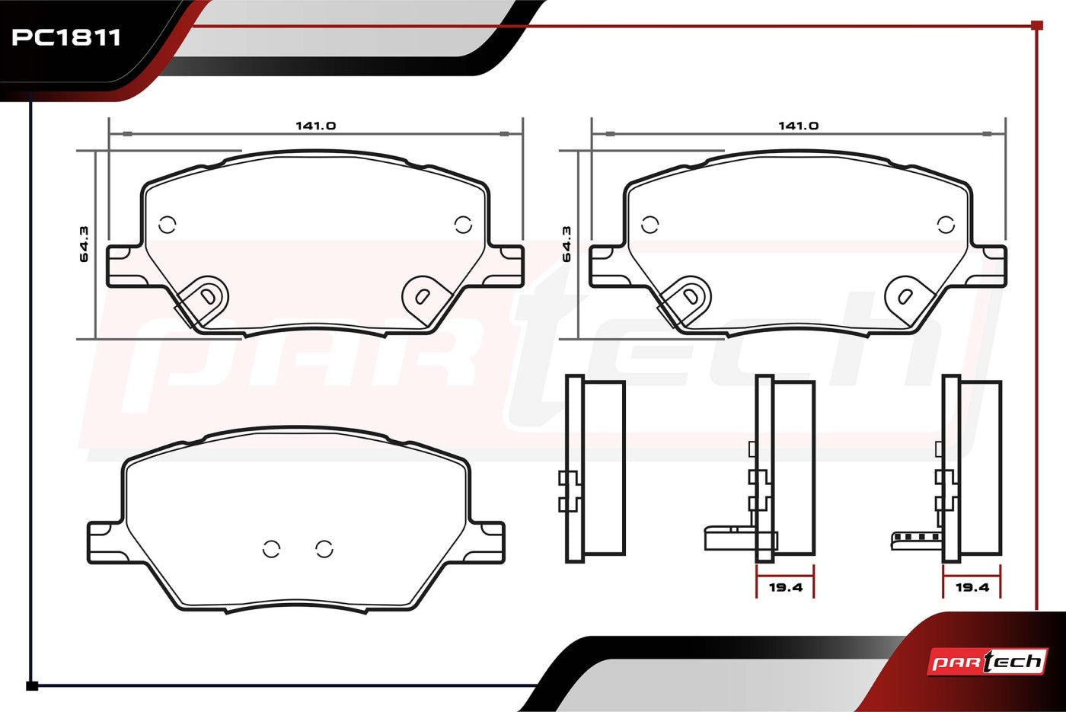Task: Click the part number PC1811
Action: click(x=65, y=37)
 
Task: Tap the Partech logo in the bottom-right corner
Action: click(x=988, y=662)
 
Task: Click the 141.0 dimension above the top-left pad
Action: click(x=315, y=126)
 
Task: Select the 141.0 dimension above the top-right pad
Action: click(x=798, y=126)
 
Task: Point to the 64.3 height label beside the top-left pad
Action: click(x=84, y=244)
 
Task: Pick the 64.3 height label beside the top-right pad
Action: click(x=567, y=244)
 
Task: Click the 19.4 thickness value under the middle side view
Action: click(x=786, y=587)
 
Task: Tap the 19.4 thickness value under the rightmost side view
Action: click(x=972, y=587)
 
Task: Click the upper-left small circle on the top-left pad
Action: click(x=167, y=225)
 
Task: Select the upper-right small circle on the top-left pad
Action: click(x=463, y=225)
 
